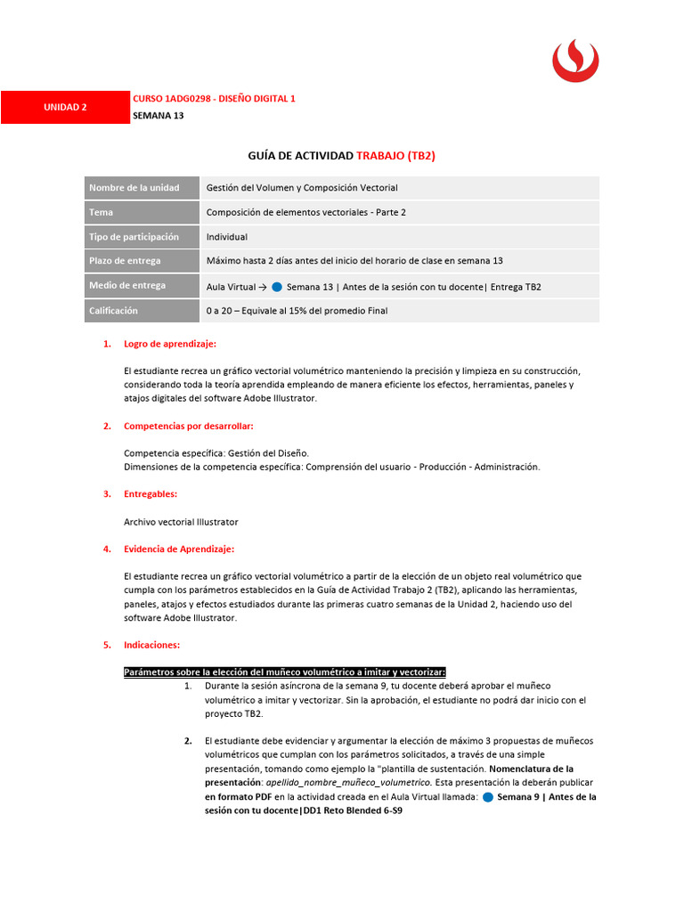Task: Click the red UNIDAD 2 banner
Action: [65, 107]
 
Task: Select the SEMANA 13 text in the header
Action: [158, 115]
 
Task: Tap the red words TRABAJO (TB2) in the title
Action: [395, 156]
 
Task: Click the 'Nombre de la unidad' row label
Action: [134, 188]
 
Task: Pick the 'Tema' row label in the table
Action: [101, 212]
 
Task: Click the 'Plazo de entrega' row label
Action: [125, 261]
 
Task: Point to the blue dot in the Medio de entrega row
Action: [277, 286]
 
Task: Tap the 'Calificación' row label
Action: [113, 311]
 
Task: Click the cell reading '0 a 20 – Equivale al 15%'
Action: [297, 311]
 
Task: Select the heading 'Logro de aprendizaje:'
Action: [169, 344]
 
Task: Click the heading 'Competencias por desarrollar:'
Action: [189, 426]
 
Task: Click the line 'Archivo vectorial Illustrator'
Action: [181, 522]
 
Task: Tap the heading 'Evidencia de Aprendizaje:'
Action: [179, 549]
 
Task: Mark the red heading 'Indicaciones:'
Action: [151, 644]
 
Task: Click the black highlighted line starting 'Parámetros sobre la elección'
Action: [284, 672]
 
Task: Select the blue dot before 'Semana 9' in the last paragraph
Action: [487, 797]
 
